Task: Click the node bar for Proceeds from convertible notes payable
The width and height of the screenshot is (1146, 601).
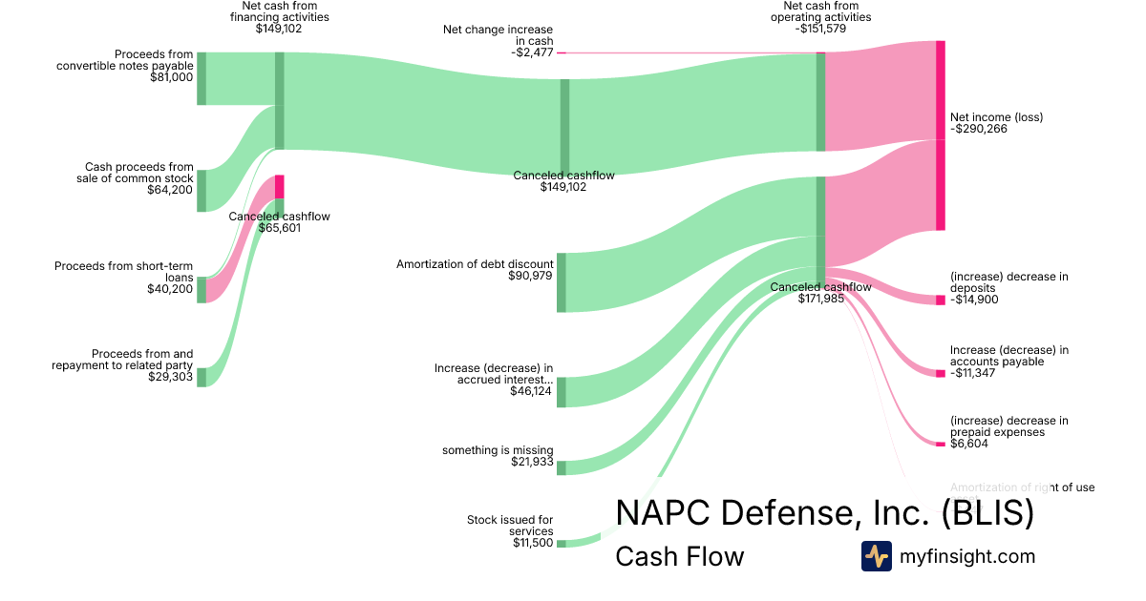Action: pyautogui.click(x=202, y=78)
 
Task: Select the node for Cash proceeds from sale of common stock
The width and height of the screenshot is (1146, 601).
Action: pyautogui.click(x=202, y=191)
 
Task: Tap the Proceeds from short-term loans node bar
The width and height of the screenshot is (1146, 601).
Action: pyautogui.click(x=202, y=290)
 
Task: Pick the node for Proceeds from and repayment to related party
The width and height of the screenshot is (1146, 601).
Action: pyautogui.click(x=202, y=377)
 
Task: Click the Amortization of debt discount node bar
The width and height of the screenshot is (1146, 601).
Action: pyautogui.click(x=562, y=282)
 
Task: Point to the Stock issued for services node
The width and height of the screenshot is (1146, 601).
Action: pyautogui.click(x=562, y=544)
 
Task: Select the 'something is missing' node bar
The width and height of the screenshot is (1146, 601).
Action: pyautogui.click(x=562, y=467)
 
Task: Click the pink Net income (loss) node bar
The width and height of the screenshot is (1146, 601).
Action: pyautogui.click(x=941, y=135)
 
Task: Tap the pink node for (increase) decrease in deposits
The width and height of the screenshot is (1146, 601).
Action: pyautogui.click(x=941, y=300)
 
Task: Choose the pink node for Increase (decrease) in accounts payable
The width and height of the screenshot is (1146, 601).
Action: pyautogui.click(x=941, y=373)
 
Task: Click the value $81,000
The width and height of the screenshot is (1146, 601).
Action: pyautogui.click(x=172, y=77)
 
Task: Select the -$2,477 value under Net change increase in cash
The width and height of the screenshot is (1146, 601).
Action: pyautogui.click(x=526, y=52)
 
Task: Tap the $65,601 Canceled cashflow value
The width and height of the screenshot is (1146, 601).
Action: pyautogui.click(x=280, y=228)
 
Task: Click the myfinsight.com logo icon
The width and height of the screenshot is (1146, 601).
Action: pyautogui.click(x=876, y=556)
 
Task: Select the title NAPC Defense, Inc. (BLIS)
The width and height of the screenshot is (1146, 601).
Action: pyautogui.click(x=824, y=513)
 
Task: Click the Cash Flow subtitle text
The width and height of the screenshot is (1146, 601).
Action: pyautogui.click(x=679, y=556)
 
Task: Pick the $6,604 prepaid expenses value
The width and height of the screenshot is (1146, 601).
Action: pyautogui.click(x=969, y=444)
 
